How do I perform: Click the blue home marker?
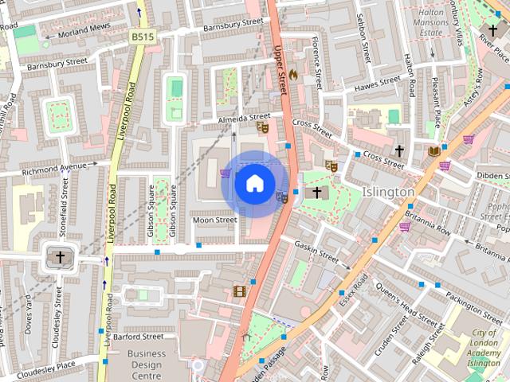point(254,183)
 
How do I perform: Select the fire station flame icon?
point(293,74)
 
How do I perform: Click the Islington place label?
point(388,193)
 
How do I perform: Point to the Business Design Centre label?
point(147,364)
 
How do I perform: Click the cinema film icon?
point(240,290)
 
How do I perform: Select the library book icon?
point(433,150)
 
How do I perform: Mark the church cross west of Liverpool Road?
point(58,256)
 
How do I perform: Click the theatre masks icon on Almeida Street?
point(262,127)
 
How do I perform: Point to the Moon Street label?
point(214,220)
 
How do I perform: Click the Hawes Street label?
point(377,83)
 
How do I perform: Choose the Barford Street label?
point(138,337)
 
